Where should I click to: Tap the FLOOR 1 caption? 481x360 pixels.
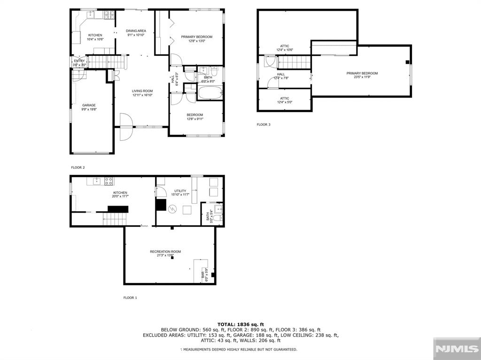(x=131, y=298)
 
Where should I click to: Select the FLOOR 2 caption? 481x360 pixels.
(x=78, y=167)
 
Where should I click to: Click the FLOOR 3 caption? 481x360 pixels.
(x=264, y=124)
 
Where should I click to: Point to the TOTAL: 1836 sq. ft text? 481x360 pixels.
(x=240, y=324)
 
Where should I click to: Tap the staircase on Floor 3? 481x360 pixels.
(x=295, y=61)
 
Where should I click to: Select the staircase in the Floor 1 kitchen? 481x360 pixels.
(x=115, y=218)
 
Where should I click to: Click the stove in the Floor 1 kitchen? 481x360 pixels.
(x=109, y=181)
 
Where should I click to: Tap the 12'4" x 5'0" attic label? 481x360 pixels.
(x=285, y=100)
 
